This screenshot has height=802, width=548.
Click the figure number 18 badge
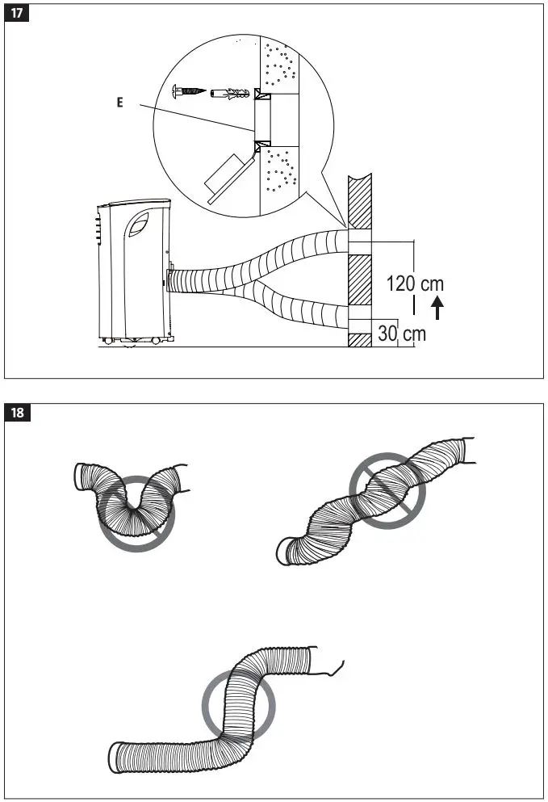tap(16, 413)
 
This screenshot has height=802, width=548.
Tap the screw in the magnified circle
tap(186, 93)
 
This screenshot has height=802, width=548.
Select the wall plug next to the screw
tap(228, 94)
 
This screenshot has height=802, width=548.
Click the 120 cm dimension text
tap(415, 283)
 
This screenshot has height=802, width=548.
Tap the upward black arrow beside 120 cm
tap(437, 308)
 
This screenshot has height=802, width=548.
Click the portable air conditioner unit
tap(135, 270)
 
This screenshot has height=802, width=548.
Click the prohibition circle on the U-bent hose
tap(137, 513)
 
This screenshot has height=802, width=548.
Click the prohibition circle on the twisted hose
tap(387, 490)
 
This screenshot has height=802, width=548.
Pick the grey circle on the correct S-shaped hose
tap(238, 700)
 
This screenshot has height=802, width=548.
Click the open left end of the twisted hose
tap(283, 552)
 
